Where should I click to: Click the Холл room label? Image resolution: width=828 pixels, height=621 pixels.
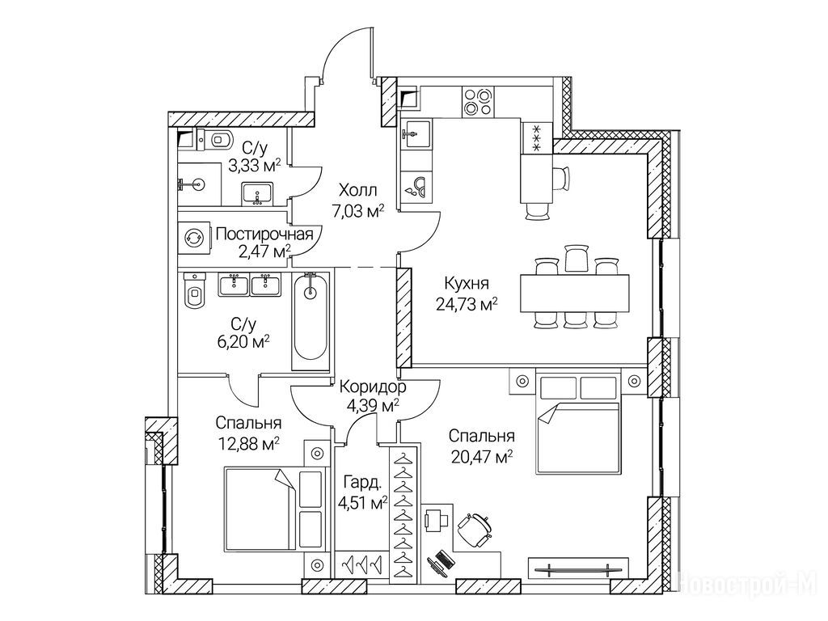click(x=358, y=189)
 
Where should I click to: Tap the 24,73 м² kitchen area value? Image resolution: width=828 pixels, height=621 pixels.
click(x=467, y=305)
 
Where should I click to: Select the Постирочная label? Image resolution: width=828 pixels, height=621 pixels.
click(x=264, y=234)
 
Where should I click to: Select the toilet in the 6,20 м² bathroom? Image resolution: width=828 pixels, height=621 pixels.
click(x=194, y=290)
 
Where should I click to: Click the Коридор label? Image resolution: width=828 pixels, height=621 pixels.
click(x=373, y=388)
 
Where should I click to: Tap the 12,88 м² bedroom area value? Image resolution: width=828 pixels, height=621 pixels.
click(x=249, y=444)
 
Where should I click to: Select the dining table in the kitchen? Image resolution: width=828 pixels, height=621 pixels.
click(x=575, y=293)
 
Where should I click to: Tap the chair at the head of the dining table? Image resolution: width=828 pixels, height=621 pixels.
click(x=576, y=259)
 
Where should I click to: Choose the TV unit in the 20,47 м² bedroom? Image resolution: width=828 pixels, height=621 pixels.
click(x=579, y=569)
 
